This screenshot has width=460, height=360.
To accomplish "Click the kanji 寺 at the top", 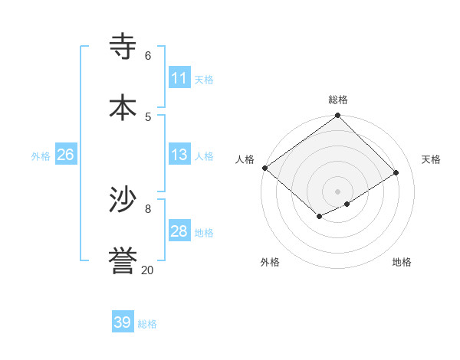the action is (x=123, y=46).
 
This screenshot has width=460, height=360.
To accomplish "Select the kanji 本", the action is (x=123, y=107).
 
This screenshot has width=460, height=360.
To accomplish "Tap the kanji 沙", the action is (x=123, y=200).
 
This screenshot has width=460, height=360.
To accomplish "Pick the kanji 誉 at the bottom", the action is (x=123, y=260).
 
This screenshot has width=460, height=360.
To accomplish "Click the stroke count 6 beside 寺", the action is (x=148, y=56).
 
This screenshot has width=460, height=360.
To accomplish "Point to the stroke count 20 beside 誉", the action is (x=147, y=270).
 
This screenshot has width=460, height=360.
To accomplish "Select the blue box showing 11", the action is (x=179, y=78).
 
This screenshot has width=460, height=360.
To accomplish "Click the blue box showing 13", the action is (x=179, y=155).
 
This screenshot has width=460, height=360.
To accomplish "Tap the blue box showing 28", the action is (x=179, y=231).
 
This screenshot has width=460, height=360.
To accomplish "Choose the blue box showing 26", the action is (x=65, y=155).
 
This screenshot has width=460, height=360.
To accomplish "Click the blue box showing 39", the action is (x=123, y=322).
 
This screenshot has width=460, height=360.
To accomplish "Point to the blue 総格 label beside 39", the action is (x=147, y=324).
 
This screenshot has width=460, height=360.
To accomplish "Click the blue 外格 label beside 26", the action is (x=41, y=156).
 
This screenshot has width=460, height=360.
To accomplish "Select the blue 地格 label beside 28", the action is (x=204, y=233).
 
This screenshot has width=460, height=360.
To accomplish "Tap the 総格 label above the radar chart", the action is (x=338, y=100).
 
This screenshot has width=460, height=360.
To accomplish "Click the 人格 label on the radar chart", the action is (x=245, y=159).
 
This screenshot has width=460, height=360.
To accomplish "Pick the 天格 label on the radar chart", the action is (x=431, y=159).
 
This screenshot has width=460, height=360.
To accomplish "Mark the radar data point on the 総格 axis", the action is (x=337, y=116).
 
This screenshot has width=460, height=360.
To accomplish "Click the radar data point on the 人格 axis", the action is (x=264, y=168).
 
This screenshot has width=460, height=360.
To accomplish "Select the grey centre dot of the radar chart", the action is (x=337, y=191).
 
